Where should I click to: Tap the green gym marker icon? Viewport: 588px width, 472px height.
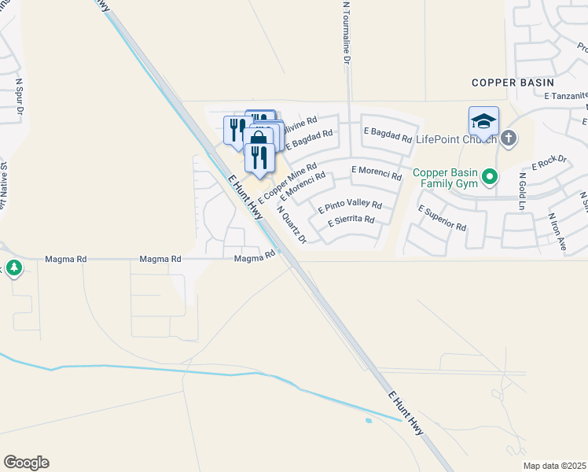click(x=491, y=177)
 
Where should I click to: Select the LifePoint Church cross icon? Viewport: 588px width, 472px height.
click(x=509, y=139)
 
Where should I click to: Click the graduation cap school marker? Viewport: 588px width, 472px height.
click(x=483, y=123)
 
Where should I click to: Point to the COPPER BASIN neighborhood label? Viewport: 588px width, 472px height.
click(x=513, y=82)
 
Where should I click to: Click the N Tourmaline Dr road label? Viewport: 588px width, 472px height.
click(x=346, y=31)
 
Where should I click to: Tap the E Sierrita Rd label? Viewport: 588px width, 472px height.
click(x=352, y=220)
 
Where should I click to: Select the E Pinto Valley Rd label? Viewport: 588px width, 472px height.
click(x=350, y=207)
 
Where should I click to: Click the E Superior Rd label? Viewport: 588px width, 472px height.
click(x=443, y=218)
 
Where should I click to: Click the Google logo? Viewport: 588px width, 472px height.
click(x=26, y=463)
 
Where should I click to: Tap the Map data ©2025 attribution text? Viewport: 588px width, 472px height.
click(x=555, y=466)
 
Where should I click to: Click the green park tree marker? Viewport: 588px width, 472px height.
click(x=14, y=268)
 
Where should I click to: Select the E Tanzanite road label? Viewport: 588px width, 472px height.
click(x=564, y=95)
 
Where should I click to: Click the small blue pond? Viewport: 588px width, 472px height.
click(x=369, y=421)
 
